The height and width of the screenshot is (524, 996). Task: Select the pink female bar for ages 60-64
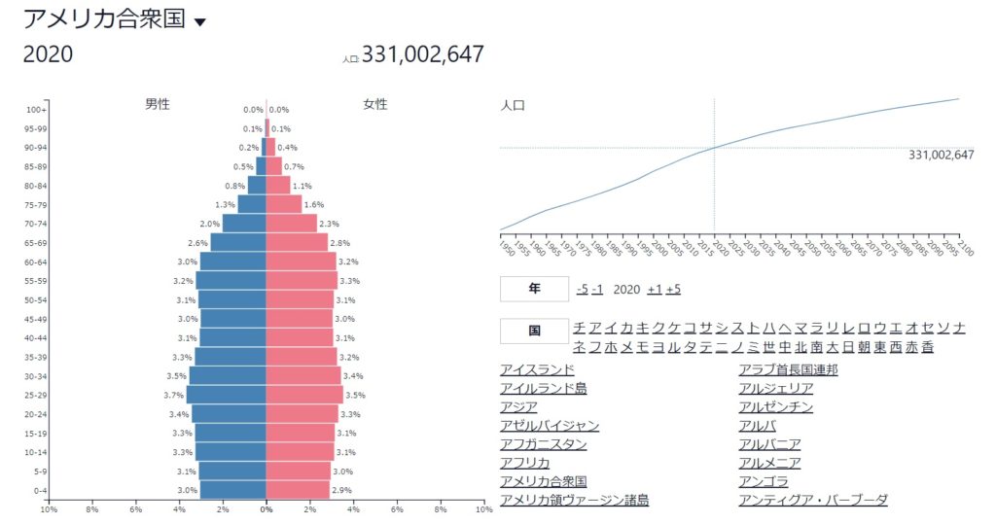301,262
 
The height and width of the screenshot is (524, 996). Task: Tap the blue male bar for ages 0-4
233,490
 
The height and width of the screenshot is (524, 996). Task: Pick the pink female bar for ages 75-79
284,204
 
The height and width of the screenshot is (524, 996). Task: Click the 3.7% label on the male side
174,396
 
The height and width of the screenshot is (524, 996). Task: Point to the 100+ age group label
37,110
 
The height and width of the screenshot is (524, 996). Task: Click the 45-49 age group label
35,319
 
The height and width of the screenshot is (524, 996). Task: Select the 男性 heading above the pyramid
158,104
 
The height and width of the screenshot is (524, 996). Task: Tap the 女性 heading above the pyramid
375,104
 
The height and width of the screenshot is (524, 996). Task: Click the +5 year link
673,290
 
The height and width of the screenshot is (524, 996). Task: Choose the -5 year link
582,290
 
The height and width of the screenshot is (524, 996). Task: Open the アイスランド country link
537,369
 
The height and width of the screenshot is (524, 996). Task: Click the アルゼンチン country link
775,407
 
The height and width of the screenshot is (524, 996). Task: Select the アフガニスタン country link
543,444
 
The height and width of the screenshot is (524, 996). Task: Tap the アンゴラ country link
763,481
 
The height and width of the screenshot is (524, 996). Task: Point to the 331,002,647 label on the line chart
941,155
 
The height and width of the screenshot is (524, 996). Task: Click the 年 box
533,289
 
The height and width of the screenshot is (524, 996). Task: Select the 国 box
533,331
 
